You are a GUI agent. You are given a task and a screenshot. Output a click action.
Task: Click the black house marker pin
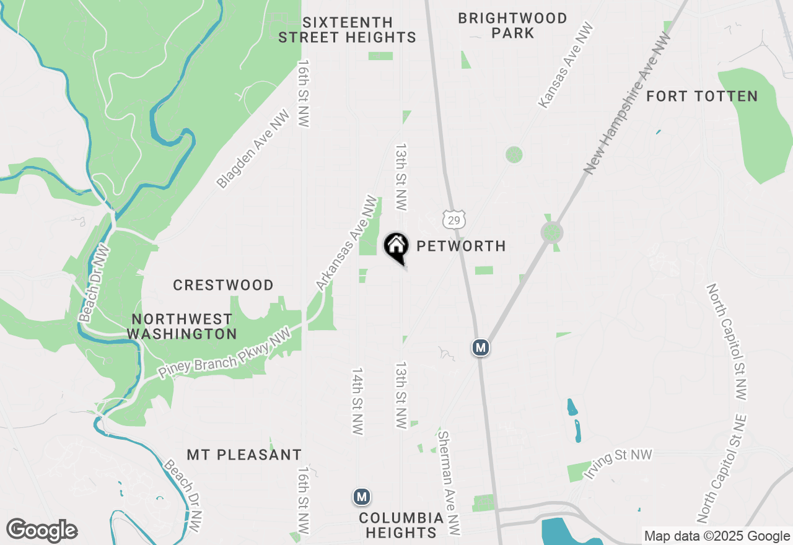(x=396, y=246)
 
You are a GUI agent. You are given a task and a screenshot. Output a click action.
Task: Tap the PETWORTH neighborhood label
(x=461, y=246)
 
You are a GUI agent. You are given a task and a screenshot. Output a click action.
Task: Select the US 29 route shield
(x=453, y=219)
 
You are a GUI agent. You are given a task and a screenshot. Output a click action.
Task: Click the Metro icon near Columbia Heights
(x=362, y=497)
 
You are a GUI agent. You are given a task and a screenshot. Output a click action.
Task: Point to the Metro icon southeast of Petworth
(x=480, y=347)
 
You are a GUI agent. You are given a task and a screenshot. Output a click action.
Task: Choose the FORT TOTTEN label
(x=702, y=97)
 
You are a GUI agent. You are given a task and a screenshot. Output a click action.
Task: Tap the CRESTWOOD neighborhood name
(x=223, y=286)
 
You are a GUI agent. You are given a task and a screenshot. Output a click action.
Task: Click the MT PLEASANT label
(x=244, y=455)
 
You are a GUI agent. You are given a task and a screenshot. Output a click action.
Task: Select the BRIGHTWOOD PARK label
(x=512, y=26)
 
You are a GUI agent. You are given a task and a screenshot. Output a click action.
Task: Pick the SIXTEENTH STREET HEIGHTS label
(x=347, y=30)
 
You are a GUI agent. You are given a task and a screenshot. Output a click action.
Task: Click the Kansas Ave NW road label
(x=565, y=66)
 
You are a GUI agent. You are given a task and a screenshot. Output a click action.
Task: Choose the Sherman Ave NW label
(x=449, y=482)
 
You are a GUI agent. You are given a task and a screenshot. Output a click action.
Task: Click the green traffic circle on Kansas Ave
(x=514, y=154)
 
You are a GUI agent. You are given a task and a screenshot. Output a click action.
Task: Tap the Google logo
(x=42, y=531)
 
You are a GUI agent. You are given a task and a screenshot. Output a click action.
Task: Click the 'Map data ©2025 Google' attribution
(x=717, y=536)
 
